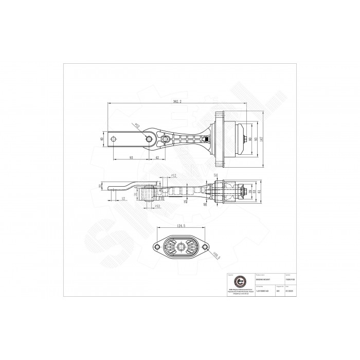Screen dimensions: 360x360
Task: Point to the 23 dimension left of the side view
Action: (x=100, y=186)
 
